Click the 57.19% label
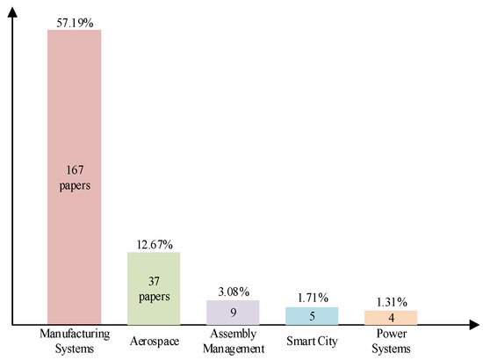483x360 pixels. (75, 19)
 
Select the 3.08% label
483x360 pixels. (233, 292)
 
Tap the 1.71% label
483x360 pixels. (312, 299)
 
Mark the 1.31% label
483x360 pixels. (391, 301)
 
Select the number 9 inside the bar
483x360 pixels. (233, 311)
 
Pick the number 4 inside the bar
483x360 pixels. (391, 317)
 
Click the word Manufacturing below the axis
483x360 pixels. (75, 335)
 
